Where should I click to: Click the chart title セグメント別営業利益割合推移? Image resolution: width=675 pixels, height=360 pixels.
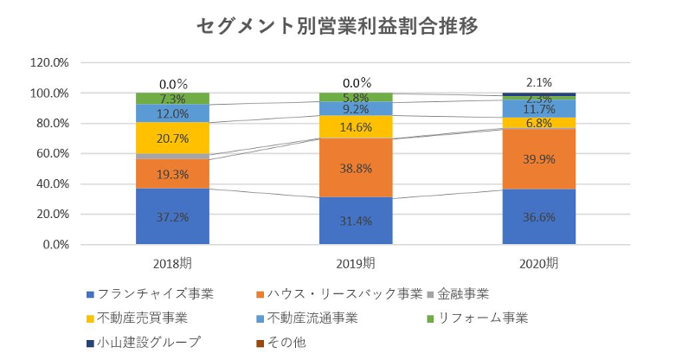point(337,26)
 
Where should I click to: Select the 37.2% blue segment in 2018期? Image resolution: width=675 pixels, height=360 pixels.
point(172,216)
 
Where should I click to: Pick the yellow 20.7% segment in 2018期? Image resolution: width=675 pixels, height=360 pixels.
point(172,138)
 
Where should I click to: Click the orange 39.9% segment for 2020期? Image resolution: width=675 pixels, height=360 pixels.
point(539,158)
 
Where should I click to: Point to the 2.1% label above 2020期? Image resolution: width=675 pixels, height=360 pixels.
point(539,82)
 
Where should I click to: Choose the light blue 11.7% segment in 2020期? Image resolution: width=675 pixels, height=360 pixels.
point(539,108)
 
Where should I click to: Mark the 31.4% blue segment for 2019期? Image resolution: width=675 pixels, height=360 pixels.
point(356,221)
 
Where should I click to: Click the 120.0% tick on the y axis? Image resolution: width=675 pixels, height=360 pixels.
point(49,63)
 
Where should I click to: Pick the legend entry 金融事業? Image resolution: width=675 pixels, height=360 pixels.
point(464,293)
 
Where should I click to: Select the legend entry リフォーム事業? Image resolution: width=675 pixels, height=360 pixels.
point(479,318)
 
